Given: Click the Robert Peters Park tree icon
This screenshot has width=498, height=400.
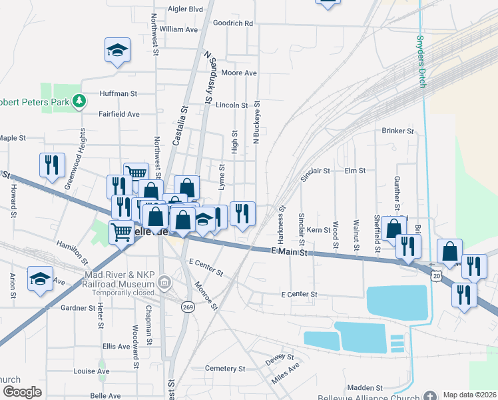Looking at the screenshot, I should tap(80, 101).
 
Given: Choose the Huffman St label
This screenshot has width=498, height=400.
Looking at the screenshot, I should tap(119, 95).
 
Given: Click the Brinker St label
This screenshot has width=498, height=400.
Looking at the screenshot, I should tap(397, 131).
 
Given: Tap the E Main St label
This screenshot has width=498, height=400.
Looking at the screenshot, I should tap(288, 252).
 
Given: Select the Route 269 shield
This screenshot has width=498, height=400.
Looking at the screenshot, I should tap(188, 306).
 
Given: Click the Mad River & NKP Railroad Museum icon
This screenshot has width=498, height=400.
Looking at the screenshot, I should tap(164, 285).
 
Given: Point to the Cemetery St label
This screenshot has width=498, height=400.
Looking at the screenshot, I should tap(226, 369).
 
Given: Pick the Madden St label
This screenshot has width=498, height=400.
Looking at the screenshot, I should tap(365, 387).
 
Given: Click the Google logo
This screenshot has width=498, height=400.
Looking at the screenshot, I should tap(22, 392).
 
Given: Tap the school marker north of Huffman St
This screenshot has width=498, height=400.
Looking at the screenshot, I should tap(117, 50).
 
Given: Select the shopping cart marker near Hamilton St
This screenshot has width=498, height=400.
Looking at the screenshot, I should tap(121, 233).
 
